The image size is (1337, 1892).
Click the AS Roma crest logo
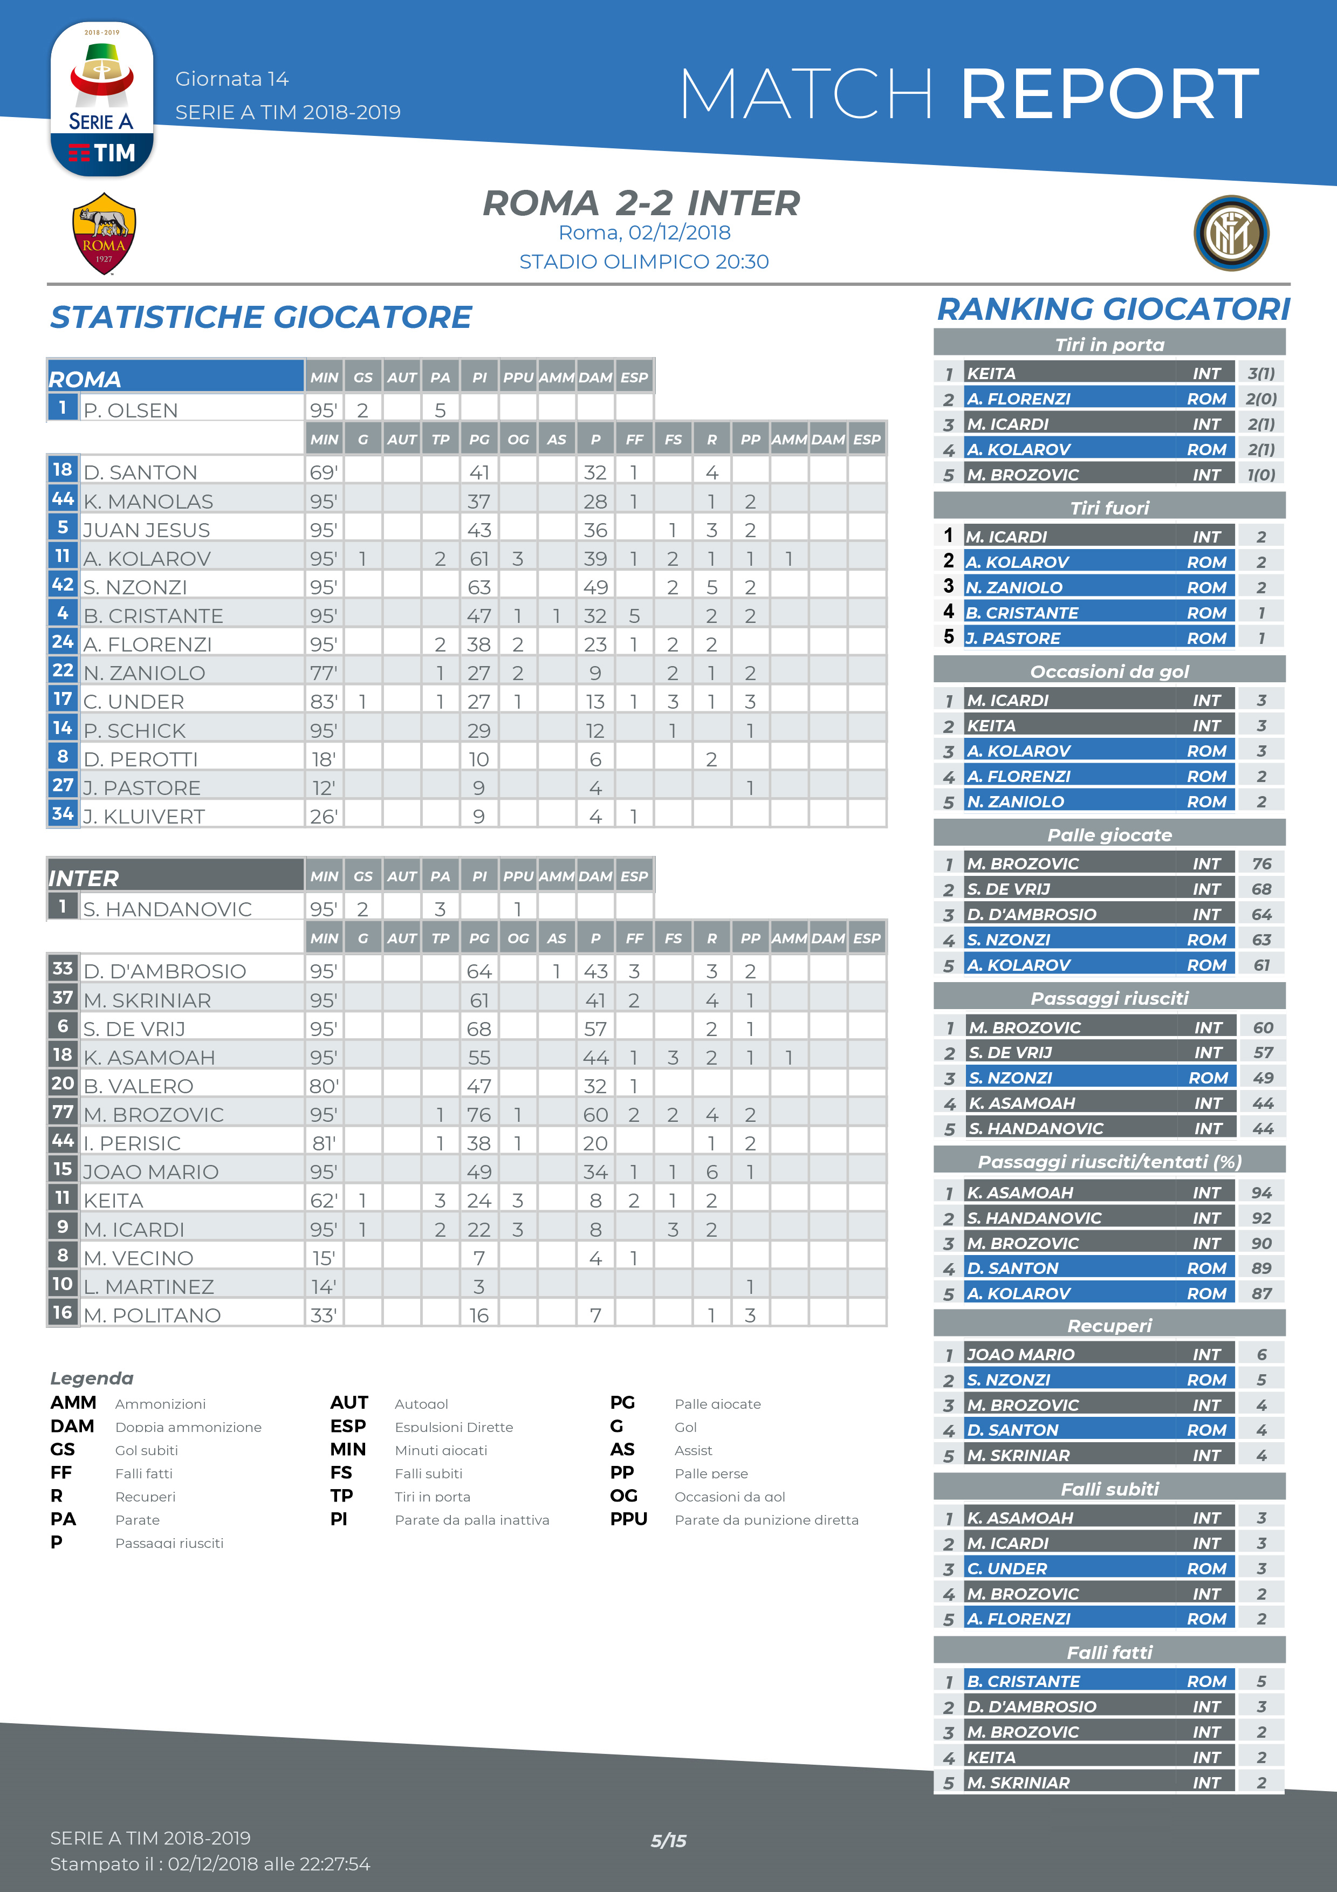coord(104,233)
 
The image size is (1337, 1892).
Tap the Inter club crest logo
coord(1231,233)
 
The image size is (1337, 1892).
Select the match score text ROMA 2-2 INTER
coord(641,203)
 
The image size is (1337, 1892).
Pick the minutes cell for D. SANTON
coord(323,472)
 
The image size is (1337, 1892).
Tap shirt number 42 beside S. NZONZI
coord(63,585)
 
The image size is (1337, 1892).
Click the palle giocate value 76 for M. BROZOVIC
coord(478,1114)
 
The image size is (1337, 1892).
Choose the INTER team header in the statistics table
coord(84,878)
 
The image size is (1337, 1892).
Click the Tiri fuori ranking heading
coord(1109,508)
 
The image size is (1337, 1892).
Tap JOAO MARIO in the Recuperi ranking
coord(1020,1354)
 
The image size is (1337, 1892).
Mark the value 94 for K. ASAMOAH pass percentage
coord(1260,1192)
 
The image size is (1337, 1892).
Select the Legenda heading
coord(92,1378)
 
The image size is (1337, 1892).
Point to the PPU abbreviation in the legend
coord(628,1519)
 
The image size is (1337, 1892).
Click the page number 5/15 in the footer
coord(668,1840)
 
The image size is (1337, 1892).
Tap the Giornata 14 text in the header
coord(231,79)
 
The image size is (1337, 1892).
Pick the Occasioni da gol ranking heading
coord(1109,671)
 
